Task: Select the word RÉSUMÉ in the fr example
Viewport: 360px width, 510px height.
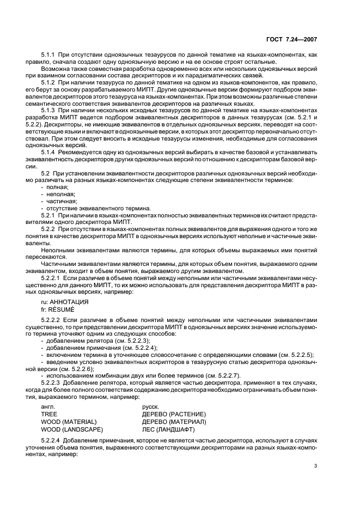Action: point(62,308)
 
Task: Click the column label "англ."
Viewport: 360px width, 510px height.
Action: point(48,406)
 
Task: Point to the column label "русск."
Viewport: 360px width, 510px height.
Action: point(150,406)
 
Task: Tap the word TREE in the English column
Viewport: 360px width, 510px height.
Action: point(49,414)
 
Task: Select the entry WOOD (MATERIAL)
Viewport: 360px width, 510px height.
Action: point(69,422)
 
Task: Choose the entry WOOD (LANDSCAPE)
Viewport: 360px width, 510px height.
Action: point(71,429)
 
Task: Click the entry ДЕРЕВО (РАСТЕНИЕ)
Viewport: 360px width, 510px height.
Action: point(173,414)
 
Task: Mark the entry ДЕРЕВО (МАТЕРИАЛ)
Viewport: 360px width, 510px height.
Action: point(174,422)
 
